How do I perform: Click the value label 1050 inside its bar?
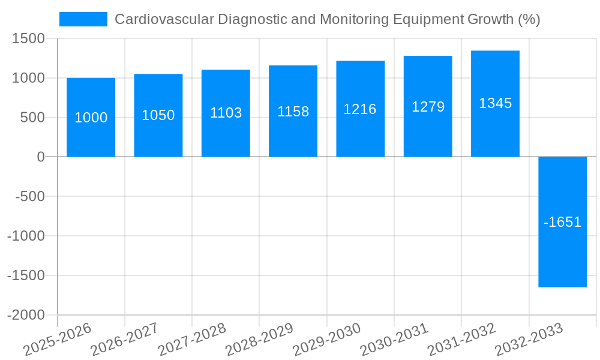158,115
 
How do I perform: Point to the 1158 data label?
293,112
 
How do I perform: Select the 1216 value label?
360,109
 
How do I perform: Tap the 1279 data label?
428,107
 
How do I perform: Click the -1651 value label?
562,222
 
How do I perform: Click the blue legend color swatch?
83,19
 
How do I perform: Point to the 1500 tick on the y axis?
29,38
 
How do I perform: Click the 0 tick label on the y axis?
41,157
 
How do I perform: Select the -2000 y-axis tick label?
26,315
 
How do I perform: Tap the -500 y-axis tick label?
29,196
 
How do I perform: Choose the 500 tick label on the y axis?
33,118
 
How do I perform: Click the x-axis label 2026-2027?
124,339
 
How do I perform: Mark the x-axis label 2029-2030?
326,339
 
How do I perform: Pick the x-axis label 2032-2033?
529,339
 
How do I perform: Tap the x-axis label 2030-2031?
394,339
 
